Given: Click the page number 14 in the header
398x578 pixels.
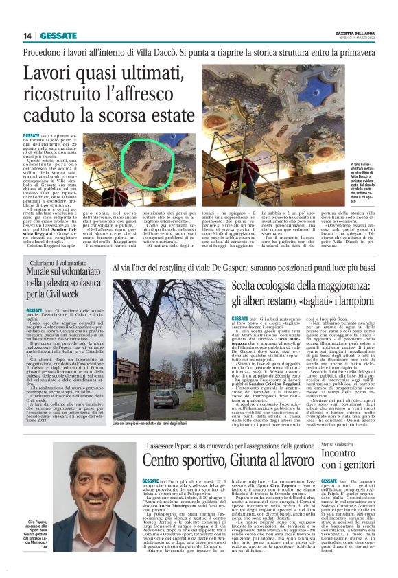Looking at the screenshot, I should [27, 36].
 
